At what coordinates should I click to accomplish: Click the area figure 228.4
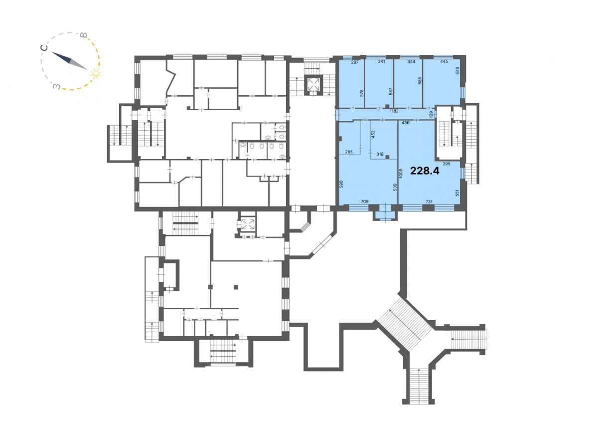[425, 171]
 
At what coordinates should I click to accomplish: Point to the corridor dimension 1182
[394, 111]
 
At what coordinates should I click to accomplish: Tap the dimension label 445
[444, 62]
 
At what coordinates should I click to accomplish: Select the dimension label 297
[355, 62]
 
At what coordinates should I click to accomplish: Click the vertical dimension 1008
[401, 174]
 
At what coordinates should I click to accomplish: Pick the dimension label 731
[429, 202]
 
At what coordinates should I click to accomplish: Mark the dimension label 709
[364, 202]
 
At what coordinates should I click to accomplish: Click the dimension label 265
[349, 152]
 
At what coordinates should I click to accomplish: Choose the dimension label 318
[380, 154]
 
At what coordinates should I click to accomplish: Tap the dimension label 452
[373, 134]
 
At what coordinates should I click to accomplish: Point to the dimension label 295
[447, 164]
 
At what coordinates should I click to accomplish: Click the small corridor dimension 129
[431, 114]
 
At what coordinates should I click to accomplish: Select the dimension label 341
[381, 62]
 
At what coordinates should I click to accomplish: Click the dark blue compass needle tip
[52, 52]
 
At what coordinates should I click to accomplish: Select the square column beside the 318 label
[387, 157]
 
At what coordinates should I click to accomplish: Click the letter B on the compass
[84, 35]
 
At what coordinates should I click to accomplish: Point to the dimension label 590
[341, 184]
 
